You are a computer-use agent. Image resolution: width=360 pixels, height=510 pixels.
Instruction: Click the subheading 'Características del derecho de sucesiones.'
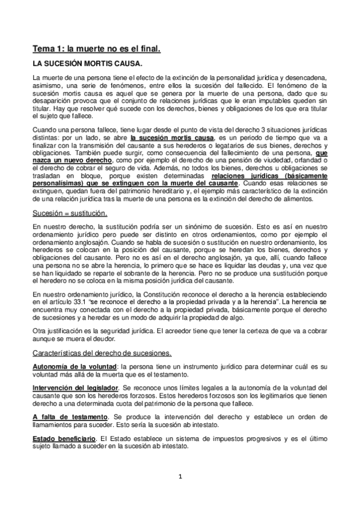[103, 352]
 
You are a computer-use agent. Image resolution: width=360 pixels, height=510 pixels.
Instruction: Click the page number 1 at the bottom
[179, 478]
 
